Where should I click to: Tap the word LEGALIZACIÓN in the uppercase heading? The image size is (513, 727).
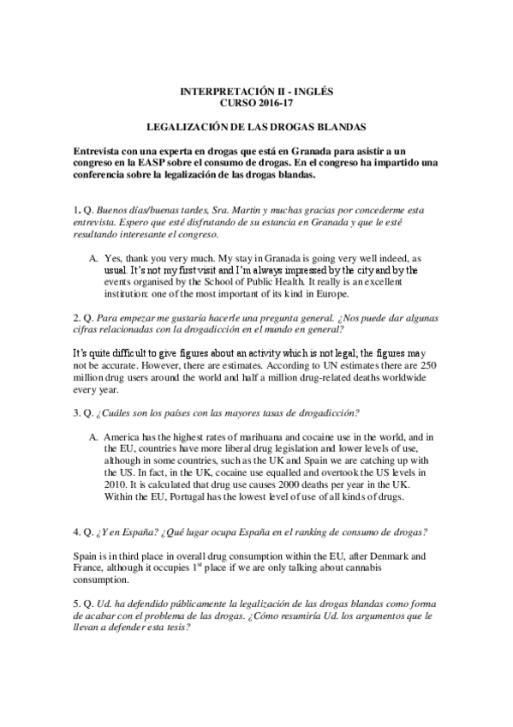(x=184, y=126)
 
